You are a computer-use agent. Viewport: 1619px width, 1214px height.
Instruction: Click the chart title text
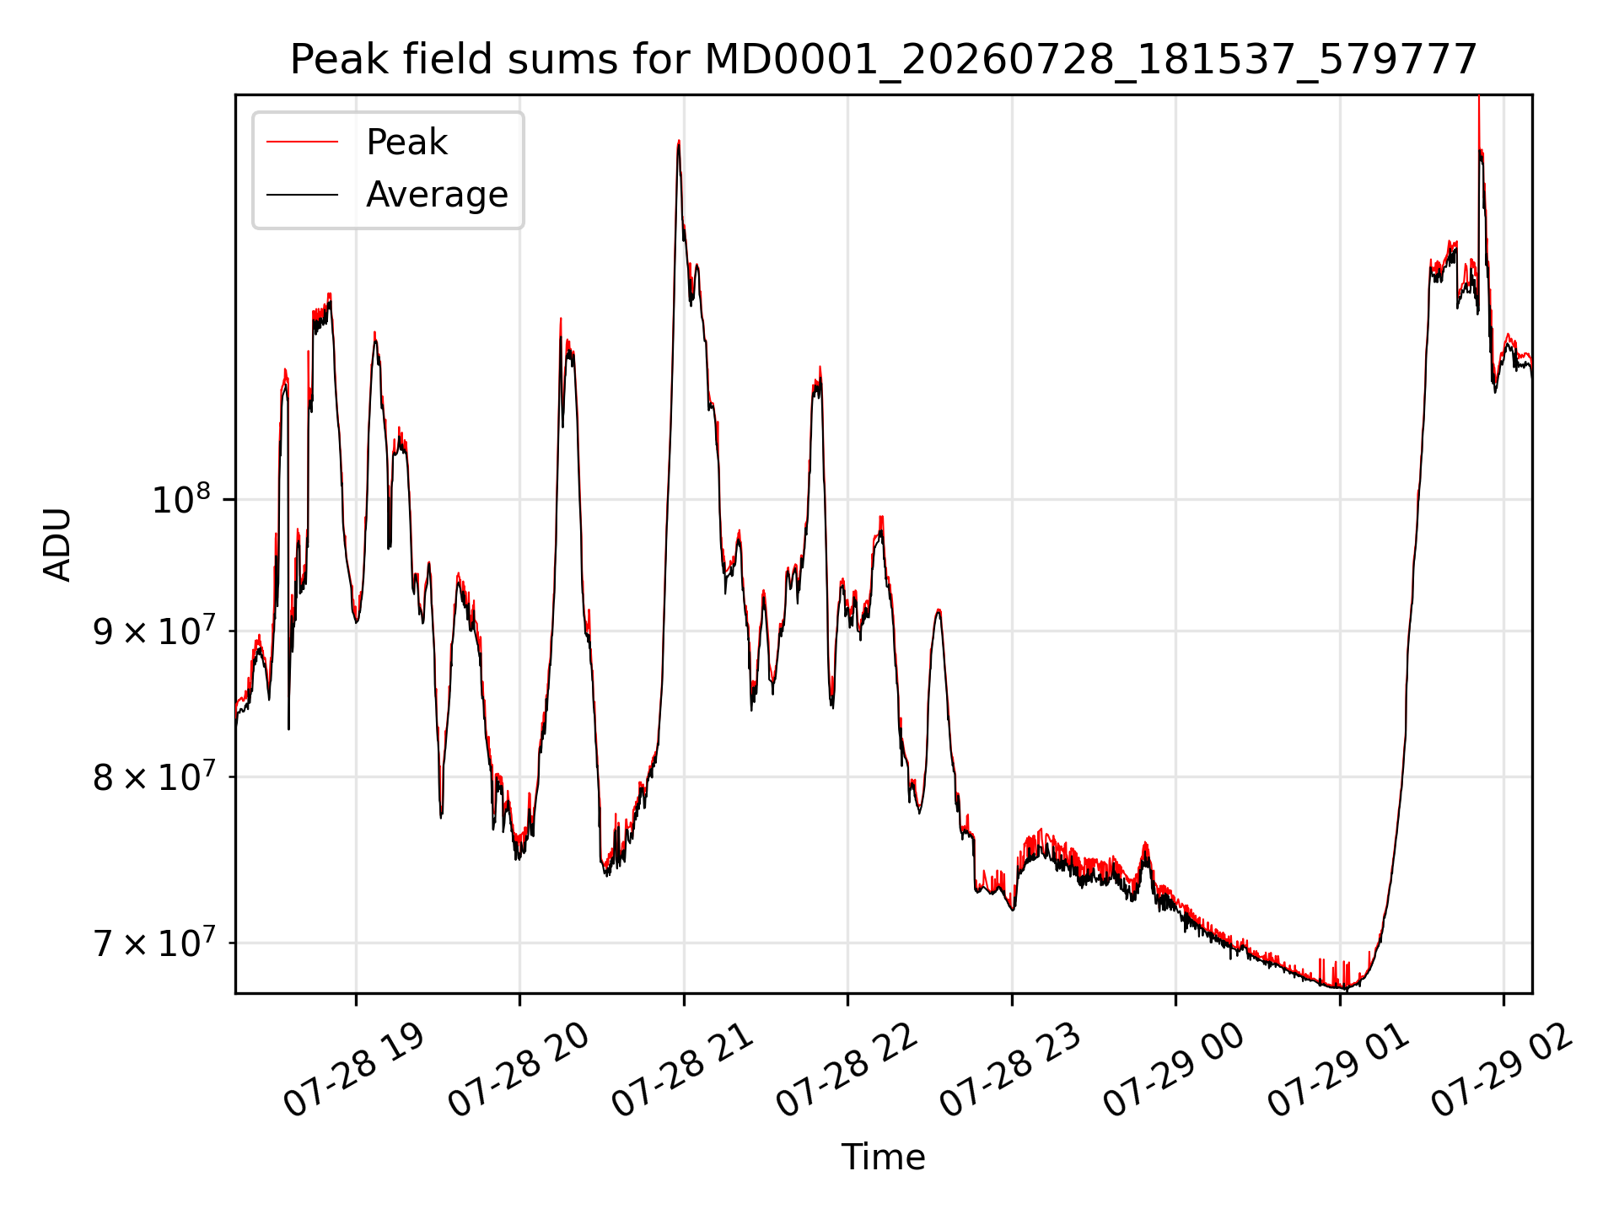[x=883, y=60]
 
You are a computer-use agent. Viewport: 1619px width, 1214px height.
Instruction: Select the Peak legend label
[x=406, y=142]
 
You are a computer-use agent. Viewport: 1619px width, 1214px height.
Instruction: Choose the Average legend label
[x=437, y=195]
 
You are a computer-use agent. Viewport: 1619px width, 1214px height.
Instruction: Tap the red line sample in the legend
[x=302, y=142]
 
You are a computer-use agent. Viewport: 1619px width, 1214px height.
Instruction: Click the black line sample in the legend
[x=302, y=195]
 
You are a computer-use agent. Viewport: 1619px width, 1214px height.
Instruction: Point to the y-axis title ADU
[x=57, y=545]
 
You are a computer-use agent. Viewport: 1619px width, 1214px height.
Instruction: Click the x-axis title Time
[x=883, y=1157]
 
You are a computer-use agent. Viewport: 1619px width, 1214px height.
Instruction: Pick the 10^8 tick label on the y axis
[x=180, y=499]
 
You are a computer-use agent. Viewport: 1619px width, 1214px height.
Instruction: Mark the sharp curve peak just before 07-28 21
[x=679, y=141]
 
